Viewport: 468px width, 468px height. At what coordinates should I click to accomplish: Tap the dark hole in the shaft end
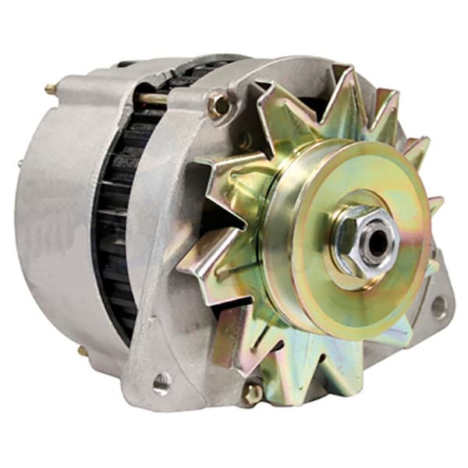[x=378, y=243]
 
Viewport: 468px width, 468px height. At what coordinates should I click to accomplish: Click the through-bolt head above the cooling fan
[x=219, y=105]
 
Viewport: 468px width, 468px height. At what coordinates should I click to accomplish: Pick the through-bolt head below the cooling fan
[x=252, y=393]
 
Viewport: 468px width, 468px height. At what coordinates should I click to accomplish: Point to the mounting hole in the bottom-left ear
[x=161, y=382]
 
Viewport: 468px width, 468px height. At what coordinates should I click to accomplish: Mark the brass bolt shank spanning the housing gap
[x=152, y=97]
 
